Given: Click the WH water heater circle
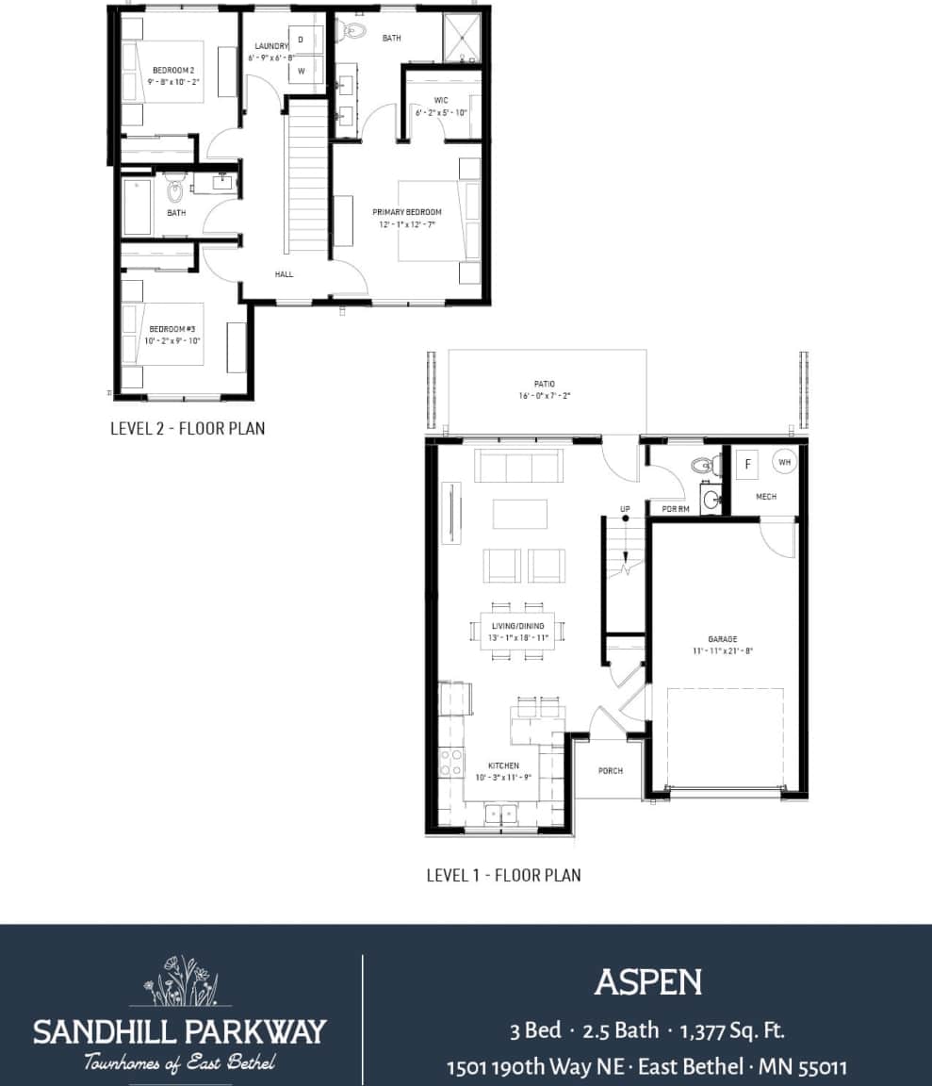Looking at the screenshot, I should tap(784, 462).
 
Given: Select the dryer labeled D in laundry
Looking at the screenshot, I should tap(302, 39).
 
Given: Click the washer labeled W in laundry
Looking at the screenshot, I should tap(302, 71).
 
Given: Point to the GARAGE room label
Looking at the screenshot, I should tap(722, 638).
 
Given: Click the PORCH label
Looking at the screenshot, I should tap(611, 771).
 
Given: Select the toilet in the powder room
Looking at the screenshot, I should tap(701, 465).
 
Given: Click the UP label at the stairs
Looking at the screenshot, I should tap(625, 509).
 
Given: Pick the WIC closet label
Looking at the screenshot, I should tap(441, 100).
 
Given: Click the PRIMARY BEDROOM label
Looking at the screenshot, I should tap(406, 212).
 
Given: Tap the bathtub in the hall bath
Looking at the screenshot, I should tap(137, 207).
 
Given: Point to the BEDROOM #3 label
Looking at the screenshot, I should tap(172, 329).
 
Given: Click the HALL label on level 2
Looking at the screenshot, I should tap(285, 274).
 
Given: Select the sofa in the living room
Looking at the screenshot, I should tap(518, 466).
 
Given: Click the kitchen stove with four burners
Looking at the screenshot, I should tap(451, 762).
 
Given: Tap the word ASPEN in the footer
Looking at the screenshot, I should tap(647, 982).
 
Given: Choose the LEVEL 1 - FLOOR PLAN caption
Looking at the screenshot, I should tap(503, 875).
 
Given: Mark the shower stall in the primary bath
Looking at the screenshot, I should tap(462, 40).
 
